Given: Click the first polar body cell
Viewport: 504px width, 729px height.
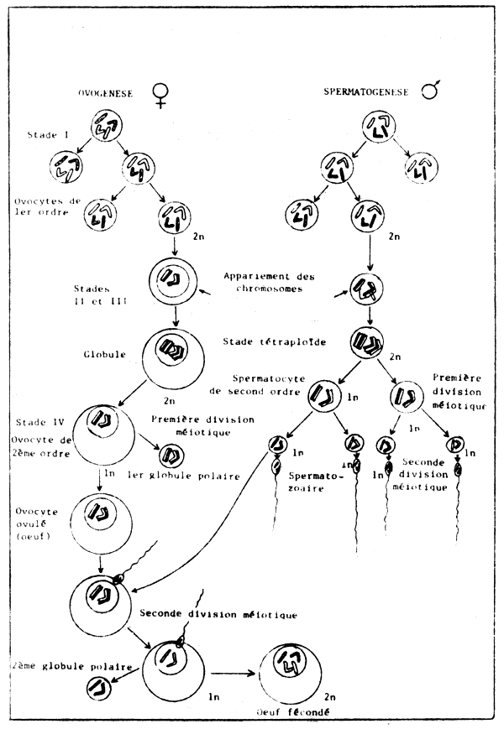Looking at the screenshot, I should [169, 456].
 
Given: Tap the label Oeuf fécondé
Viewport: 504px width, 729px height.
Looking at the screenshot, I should [291, 711].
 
